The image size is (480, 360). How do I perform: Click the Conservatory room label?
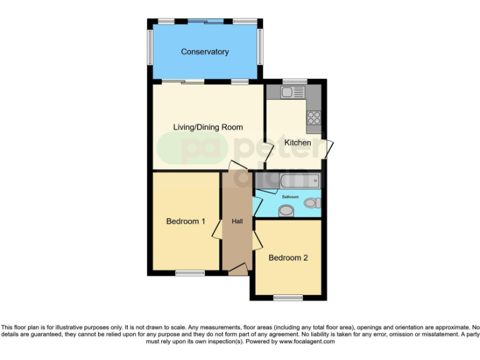204,52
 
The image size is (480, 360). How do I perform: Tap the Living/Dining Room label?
207,127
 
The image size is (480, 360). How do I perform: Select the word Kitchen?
297,142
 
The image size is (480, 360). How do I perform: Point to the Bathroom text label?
290,197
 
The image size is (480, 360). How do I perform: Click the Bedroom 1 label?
186,221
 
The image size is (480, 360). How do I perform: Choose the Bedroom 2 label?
288,257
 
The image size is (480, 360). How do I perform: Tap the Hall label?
237,221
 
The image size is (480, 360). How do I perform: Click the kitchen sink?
292,92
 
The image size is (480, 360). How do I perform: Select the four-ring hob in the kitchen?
313,116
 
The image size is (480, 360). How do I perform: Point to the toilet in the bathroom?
312,202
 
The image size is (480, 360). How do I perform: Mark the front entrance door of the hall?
237,269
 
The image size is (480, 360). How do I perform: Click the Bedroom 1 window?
189,273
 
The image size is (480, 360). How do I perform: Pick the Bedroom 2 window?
288,297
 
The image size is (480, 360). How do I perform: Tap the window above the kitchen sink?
292,81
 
